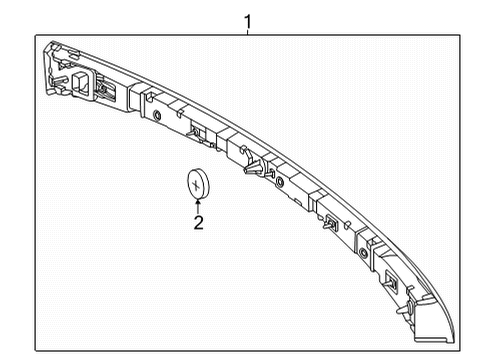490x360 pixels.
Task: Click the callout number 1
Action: pyautogui.click(x=247, y=22)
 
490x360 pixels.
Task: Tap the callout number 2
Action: pyautogui.click(x=198, y=223)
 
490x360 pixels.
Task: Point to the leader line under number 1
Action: pyautogui.click(x=247, y=32)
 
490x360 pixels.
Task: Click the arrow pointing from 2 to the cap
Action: pyautogui.click(x=198, y=206)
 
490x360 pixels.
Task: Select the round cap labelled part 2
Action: pyautogui.click(x=198, y=184)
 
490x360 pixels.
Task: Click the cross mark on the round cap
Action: pyautogui.click(x=196, y=185)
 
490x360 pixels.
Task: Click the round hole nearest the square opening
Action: pyautogui.click(x=156, y=116)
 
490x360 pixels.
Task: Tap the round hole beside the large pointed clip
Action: pyautogui.click(x=280, y=182)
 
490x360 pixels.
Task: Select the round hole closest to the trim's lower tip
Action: pyautogui.click(x=363, y=254)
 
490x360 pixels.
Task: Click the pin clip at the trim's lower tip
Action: pyautogui.click(x=406, y=308)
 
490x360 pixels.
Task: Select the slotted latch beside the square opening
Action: pyautogui.click(x=105, y=89)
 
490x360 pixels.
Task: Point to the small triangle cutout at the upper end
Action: pyautogui.click(x=62, y=66)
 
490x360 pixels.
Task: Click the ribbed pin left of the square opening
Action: pyautogui.click(x=57, y=82)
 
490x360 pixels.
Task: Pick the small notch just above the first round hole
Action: pyautogui.click(x=149, y=97)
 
